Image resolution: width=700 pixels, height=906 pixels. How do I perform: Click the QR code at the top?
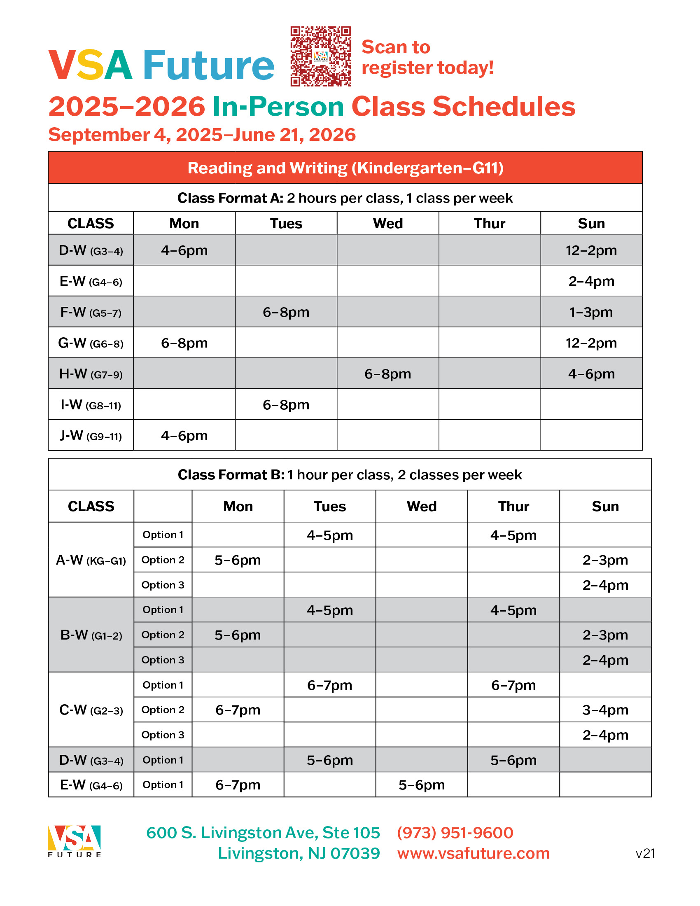click(320, 56)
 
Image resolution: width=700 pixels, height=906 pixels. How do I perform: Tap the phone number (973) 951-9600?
click(455, 833)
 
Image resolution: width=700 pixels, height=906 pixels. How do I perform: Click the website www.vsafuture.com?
click(473, 853)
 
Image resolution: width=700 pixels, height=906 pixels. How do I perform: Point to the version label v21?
click(645, 854)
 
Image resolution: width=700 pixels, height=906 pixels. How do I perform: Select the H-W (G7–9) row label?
click(91, 374)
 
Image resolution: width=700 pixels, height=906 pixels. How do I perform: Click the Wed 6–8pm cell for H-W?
click(388, 374)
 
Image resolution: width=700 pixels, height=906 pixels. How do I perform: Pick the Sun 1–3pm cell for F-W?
click(591, 312)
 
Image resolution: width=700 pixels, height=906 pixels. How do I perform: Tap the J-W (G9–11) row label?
click(91, 436)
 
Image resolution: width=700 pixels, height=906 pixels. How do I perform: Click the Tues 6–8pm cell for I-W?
click(286, 405)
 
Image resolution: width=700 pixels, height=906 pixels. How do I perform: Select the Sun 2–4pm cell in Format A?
click(591, 281)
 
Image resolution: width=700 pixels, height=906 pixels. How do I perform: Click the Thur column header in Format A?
click(489, 224)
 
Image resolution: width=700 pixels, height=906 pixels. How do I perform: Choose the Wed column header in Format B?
click(421, 507)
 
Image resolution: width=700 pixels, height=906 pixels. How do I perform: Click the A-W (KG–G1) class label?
click(91, 560)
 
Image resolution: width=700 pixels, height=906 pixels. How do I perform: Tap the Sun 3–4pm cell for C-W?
click(605, 710)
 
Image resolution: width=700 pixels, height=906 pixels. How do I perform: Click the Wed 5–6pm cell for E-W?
click(421, 785)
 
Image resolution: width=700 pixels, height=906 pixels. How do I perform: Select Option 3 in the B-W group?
click(163, 660)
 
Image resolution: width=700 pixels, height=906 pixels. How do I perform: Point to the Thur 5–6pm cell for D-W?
click(513, 760)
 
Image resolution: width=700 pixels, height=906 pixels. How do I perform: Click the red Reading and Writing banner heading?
click(345, 168)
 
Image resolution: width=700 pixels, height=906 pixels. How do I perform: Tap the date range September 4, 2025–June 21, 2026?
click(202, 135)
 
